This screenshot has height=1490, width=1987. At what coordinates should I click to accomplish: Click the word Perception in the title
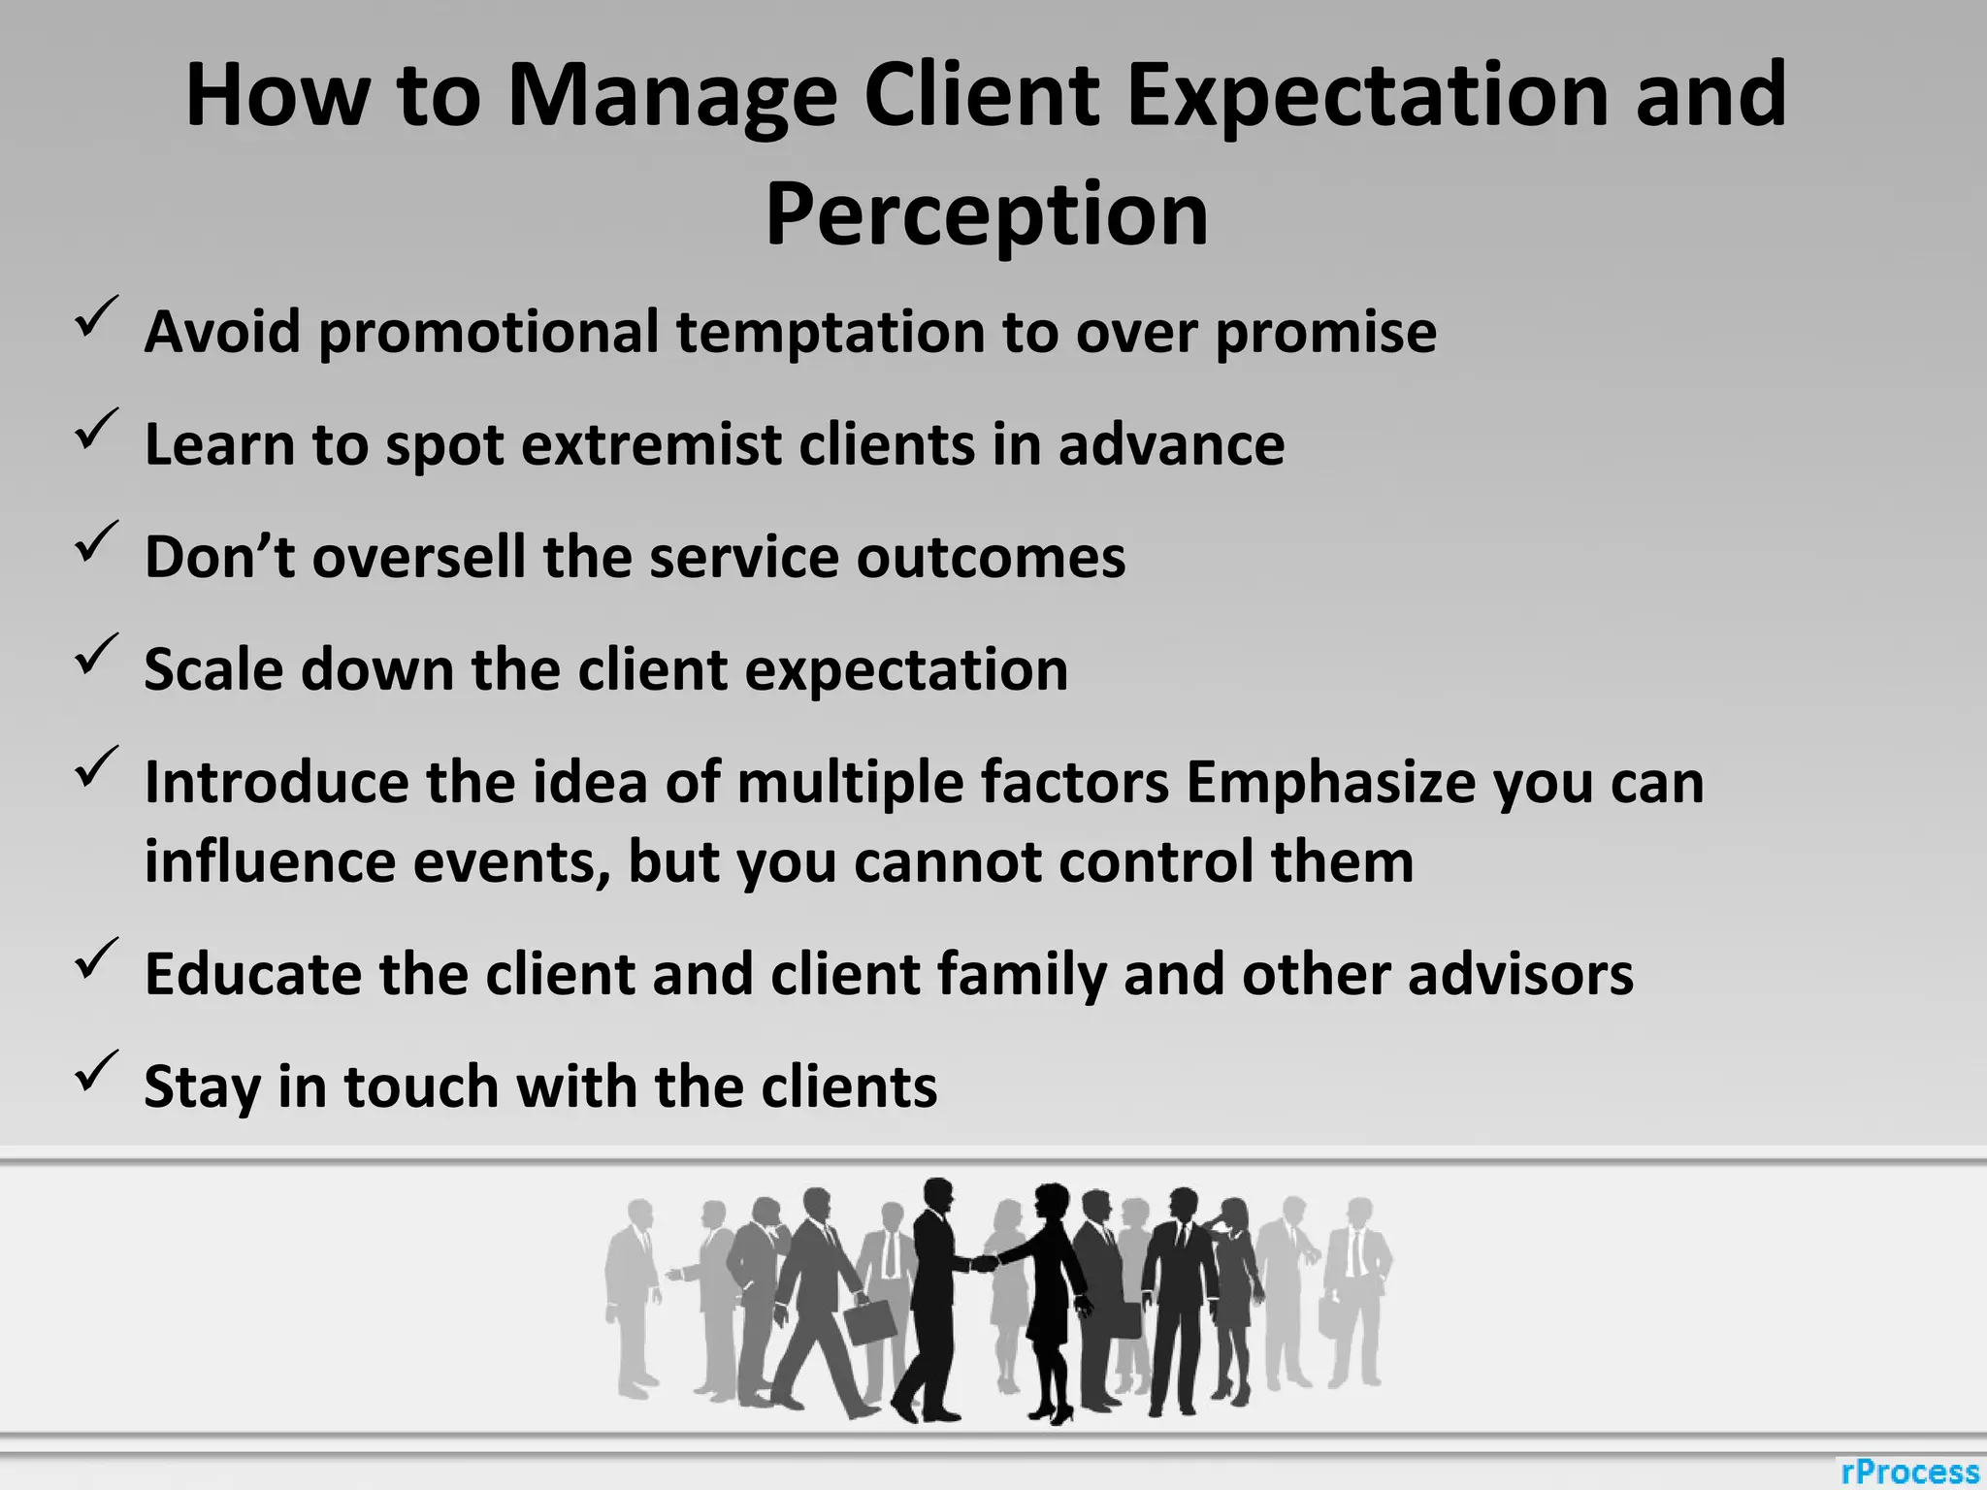click(987, 215)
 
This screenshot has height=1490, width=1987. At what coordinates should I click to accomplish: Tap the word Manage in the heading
click(671, 97)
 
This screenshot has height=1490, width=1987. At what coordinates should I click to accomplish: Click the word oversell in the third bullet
click(419, 558)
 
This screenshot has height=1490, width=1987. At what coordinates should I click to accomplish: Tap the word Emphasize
click(1330, 782)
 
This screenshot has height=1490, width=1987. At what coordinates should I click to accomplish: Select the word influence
click(270, 861)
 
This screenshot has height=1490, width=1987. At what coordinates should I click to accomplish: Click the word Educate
click(252, 974)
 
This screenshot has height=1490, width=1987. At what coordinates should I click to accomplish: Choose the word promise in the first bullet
click(1325, 333)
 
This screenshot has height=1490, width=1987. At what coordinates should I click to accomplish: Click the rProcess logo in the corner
click(1909, 1471)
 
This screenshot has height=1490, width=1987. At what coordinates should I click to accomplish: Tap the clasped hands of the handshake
click(985, 1263)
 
